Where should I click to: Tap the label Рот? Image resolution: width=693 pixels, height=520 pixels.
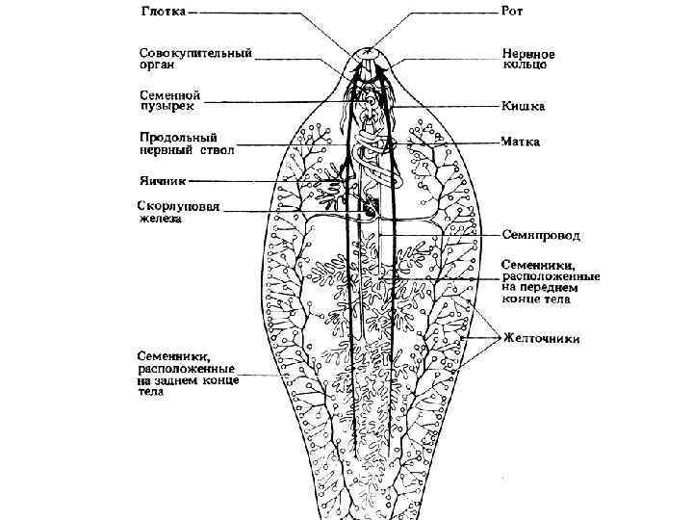[x=512, y=13]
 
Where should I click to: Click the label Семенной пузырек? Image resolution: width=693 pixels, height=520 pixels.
[x=169, y=101]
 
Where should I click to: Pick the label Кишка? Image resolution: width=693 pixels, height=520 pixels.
[x=523, y=106]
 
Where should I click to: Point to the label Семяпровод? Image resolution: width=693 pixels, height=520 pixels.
[x=541, y=235]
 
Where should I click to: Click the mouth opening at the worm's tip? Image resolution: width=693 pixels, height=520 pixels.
[x=369, y=49]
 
